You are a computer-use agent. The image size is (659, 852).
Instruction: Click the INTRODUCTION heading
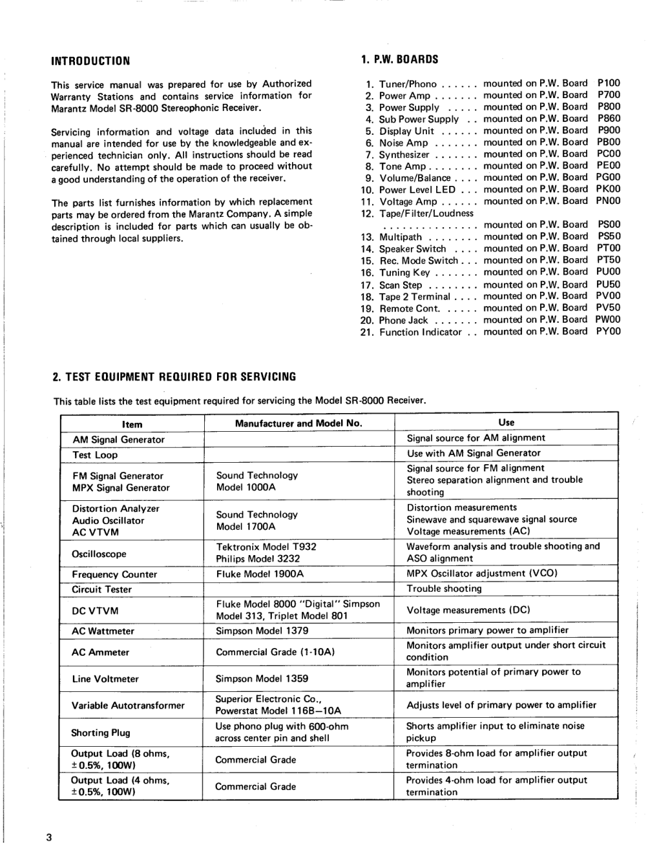point(90,61)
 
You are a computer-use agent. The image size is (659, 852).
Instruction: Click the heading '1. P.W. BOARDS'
point(399,59)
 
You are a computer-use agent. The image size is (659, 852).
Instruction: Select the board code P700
point(609,95)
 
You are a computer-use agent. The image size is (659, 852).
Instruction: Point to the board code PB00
point(609,142)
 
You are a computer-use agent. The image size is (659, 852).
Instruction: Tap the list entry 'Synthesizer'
point(404,154)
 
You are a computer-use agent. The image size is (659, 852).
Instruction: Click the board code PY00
point(608,331)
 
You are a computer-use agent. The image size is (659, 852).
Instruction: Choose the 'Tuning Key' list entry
point(404,272)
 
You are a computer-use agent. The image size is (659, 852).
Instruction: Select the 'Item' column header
point(132,424)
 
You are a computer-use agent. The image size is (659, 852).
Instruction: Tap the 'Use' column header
point(507,422)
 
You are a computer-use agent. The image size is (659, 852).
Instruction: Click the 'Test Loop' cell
point(95,455)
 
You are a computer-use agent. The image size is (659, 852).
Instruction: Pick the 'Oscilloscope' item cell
point(99,554)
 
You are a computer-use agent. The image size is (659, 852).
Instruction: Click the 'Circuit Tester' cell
point(101,589)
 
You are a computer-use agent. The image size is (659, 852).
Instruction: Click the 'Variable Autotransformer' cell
point(129,705)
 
